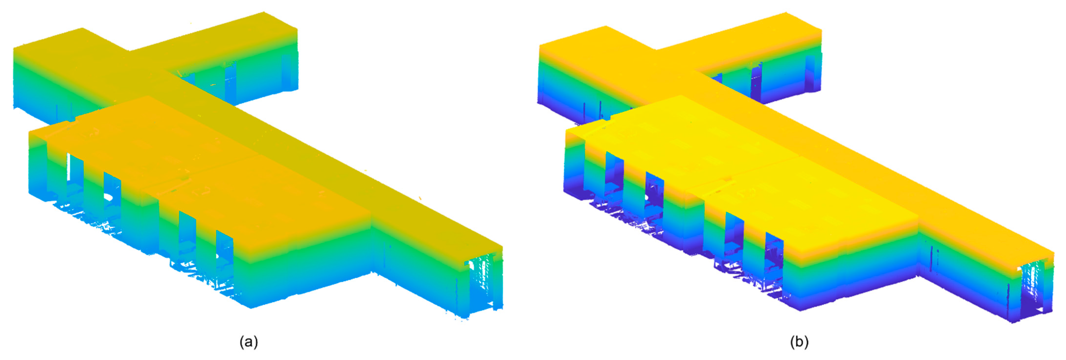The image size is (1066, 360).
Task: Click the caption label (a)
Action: [249, 342]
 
